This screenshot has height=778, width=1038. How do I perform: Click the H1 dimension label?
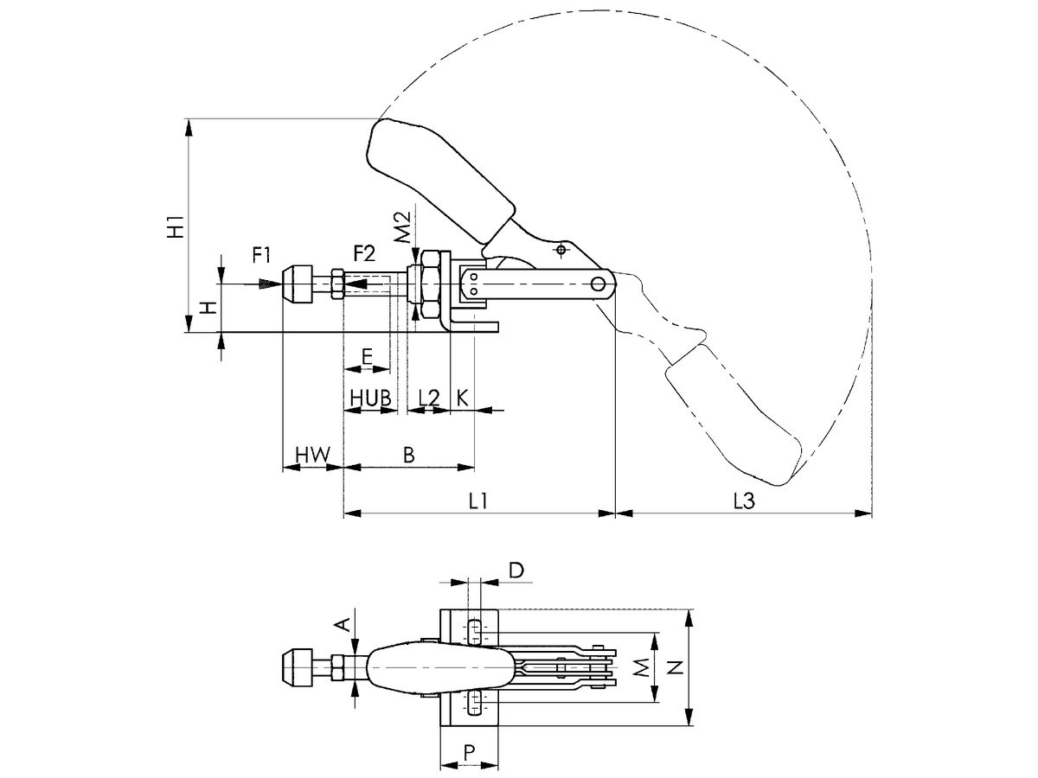(x=176, y=226)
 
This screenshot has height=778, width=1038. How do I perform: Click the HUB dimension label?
(x=369, y=398)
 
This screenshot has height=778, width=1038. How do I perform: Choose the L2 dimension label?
(x=428, y=398)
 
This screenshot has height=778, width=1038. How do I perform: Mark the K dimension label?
(x=462, y=398)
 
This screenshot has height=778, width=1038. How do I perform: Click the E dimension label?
(x=367, y=355)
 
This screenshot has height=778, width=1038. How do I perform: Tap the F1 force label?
(x=261, y=254)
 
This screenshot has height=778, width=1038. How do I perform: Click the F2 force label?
(x=364, y=254)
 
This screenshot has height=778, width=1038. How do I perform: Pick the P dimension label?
(x=469, y=752)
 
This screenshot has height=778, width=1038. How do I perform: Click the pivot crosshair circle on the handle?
(x=562, y=250)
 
